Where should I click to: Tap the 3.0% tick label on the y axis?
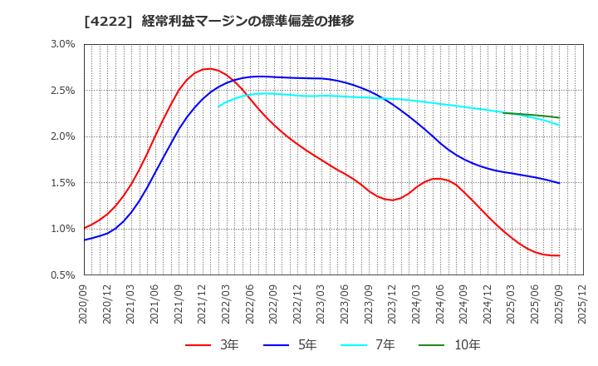pyautogui.click(x=62, y=44)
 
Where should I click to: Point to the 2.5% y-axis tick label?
pyautogui.click(x=62, y=90)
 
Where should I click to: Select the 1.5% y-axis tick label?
pyautogui.click(x=62, y=182)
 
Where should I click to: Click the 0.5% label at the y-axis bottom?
pyautogui.click(x=62, y=274)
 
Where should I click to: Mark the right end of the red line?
pyautogui.click(x=559, y=255)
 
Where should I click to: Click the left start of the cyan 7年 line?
pyautogui.click(x=218, y=106)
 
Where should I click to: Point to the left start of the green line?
pyautogui.click(x=503, y=112)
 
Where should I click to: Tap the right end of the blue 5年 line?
pyautogui.click(x=559, y=183)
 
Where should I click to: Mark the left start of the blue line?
pyautogui.click(x=85, y=240)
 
